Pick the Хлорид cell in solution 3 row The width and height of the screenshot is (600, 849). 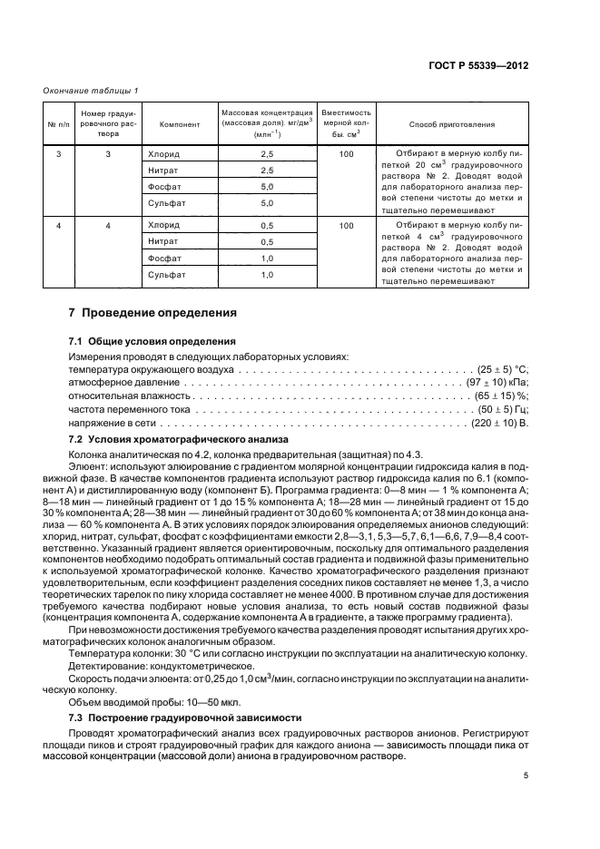164,154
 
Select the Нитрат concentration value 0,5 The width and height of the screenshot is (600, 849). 267,242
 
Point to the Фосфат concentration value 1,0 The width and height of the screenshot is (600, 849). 267,259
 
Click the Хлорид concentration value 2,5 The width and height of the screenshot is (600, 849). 267,154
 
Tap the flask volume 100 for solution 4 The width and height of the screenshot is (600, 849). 345,226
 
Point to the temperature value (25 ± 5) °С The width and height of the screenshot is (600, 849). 502,370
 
